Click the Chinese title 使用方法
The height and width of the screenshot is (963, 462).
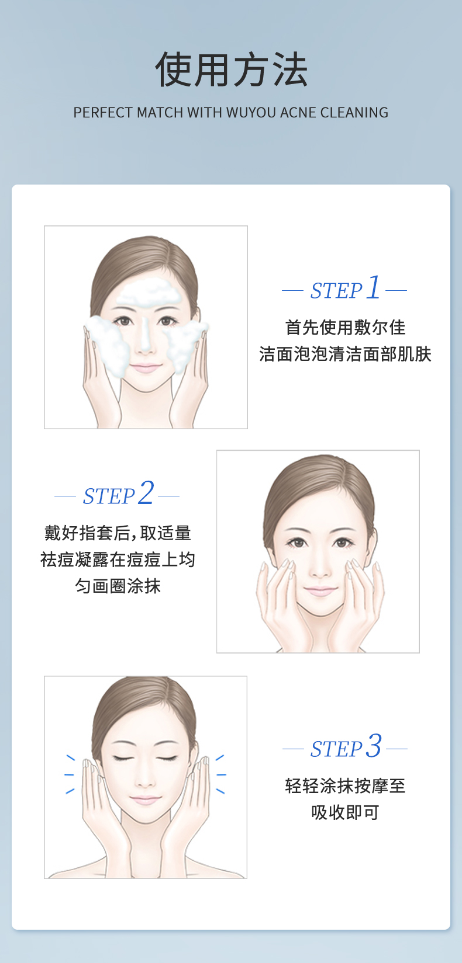click(x=231, y=69)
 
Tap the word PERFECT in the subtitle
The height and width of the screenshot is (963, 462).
click(x=103, y=113)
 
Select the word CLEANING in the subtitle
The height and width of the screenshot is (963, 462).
click(x=354, y=113)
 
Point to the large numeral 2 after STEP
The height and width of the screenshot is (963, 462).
click(x=146, y=493)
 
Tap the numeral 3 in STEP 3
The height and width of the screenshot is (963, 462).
click(x=373, y=746)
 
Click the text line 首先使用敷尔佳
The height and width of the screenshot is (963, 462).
click(x=345, y=328)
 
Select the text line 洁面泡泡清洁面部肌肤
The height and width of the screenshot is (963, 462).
click(x=345, y=354)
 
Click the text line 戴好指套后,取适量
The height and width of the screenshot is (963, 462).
click(x=118, y=533)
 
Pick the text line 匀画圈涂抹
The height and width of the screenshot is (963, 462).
click(x=118, y=586)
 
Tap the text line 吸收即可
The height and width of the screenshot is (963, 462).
click(x=345, y=812)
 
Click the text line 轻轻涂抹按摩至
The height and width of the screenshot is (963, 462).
click(x=345, y=786)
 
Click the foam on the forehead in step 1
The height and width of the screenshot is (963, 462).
click(x=149, y=294)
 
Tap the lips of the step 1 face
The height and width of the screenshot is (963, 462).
click(x=146, y=368)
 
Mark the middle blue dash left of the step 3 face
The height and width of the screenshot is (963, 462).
click(x=69, y=775)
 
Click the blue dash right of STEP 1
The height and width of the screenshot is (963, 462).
click(x=396, y=291)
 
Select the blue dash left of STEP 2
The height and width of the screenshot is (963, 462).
click(x=65, y=496)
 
